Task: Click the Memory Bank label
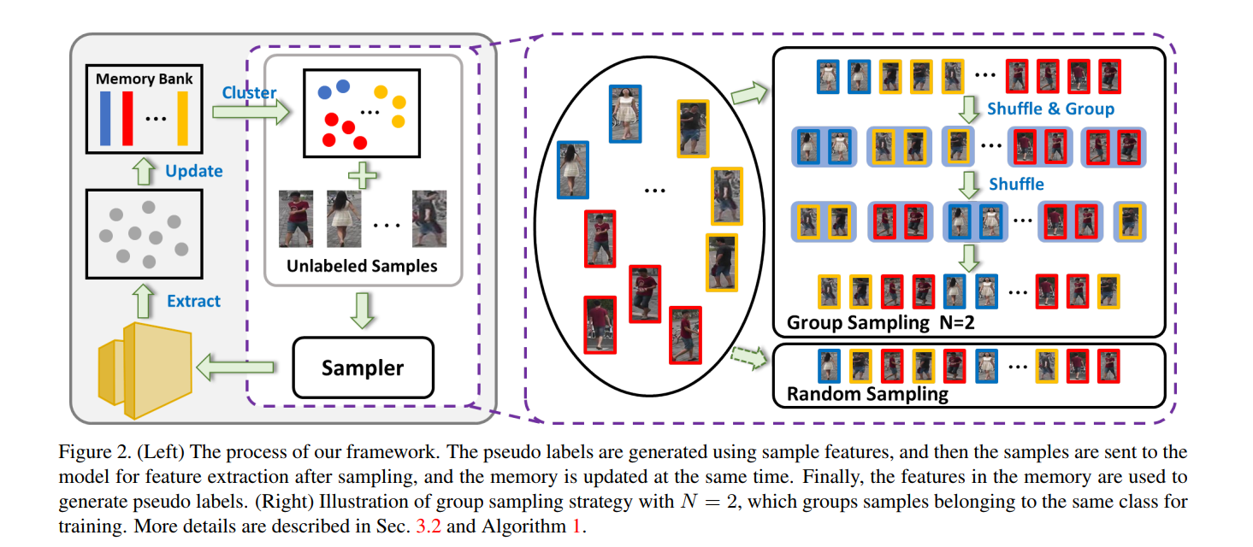tap(144, 79)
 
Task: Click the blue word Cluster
tap(249, 92)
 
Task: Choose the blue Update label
tap(194, 171)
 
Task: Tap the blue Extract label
tap(194, 301)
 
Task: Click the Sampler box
tap(363, 368)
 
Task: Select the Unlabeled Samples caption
tap(362, 266)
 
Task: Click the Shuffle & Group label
tap(1050, 109)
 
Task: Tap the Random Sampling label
tap(867, 394)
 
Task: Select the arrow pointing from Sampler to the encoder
tap(234, 368)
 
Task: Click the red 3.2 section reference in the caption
tap(425, 526)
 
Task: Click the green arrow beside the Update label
tap(144, 170)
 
